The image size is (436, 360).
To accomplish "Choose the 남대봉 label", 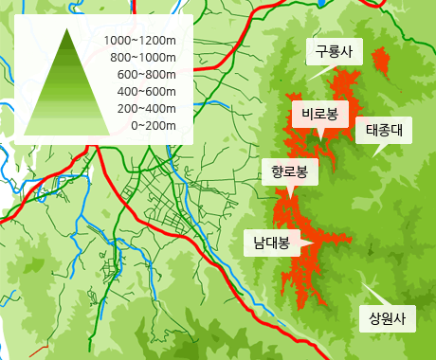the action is (271, 242).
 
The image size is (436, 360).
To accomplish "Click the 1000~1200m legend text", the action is (140, 41).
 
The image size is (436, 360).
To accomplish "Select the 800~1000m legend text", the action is (144, 58).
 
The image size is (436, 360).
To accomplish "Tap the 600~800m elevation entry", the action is (147, 74).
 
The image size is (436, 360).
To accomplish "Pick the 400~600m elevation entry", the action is (147, 91).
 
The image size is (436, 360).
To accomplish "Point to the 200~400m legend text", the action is (147, 108).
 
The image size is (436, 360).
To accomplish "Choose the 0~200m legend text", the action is (154, 125).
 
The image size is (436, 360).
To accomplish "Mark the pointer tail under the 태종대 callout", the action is (376, 150).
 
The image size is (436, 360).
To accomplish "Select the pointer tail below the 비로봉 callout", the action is (320, 134).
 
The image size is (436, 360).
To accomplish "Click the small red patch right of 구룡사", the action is (381, 63).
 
